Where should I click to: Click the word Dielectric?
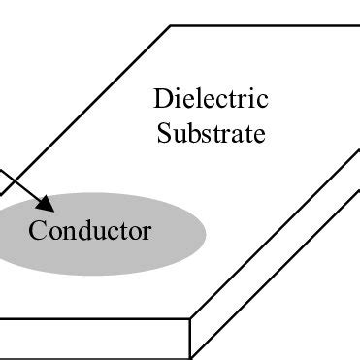(211, 99)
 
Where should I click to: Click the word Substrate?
(211, 132)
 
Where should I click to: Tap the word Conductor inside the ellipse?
(89, 231)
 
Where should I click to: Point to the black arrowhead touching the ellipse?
(47, 204)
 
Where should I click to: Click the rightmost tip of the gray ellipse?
(206, 233)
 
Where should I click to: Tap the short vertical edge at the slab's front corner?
(190, 335)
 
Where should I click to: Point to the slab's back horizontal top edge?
(262, 26)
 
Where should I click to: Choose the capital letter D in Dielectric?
(162, 99)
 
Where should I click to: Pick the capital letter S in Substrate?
(163, 132)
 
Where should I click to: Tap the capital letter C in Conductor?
(36, 231)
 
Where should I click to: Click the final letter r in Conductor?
(147, 233)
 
